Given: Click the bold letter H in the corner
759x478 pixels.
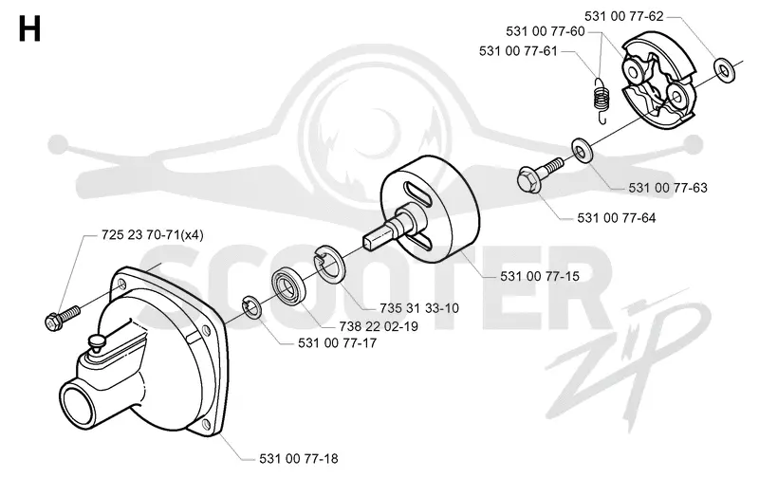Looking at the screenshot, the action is pyautogui.click(x=29, y=29).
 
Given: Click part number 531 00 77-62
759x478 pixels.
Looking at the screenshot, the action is pyautogui.click(x=623, y=16).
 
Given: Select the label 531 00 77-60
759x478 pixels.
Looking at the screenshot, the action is pyautogui.click(x=546, y=31).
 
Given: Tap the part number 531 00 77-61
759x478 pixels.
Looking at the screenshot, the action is pyautogui.click(x=518, y=51).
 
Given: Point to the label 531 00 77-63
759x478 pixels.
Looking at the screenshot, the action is pyautogui.click(x=668, y=188).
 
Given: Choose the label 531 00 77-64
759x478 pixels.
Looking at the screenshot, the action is pyautogui.click(x=617, y=218).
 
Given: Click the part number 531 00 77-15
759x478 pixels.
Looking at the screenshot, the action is pyautogui.click(x=540, y=276).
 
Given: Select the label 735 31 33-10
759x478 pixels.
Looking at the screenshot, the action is pyautogui.click(x=419, y=308).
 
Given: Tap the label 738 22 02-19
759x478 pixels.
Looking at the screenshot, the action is pyautogui.click(x=379, y=326).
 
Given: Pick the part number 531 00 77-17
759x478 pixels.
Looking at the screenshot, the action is pyautogui.click(x=338, y=343).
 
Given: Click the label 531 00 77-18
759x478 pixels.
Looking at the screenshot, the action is pyautogui.click(x=299, y=459).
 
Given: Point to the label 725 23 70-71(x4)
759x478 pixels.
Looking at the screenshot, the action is pyautogui.click(x=153, y=235).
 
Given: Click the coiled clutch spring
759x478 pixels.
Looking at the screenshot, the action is pyautogui.click(x=601, y=100).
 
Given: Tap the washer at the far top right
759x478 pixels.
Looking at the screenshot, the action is pyautogui.click(x=724, y=70).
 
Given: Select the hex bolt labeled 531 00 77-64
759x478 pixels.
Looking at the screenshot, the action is pyautogui.click(x=539, y=175).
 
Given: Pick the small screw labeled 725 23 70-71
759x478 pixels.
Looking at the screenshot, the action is pyautogui.click(x=63, y=317).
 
